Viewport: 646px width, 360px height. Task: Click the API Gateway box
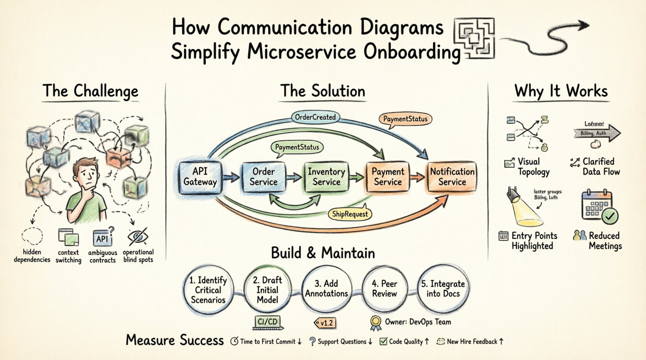pos(200,177)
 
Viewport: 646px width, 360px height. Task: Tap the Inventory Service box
pos(326,177)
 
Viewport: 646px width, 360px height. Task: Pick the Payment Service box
pos(387,177)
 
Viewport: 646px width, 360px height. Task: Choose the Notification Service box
pos(452,177)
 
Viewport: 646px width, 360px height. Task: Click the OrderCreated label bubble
pos(315,117)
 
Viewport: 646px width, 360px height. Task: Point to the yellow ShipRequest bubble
pos(350,214)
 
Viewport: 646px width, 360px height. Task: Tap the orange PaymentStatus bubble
pos(405,119)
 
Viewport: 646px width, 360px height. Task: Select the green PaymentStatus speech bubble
pos(297,147)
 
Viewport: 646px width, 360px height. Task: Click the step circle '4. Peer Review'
pos(384,289)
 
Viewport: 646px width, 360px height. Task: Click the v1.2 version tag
pos(325,323)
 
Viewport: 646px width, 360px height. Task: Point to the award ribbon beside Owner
pos(375,323)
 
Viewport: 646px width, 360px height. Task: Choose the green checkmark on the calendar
pos(610,216)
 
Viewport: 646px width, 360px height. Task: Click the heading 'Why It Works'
pos(561,92)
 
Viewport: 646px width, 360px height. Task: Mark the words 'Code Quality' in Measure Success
pos(406,342)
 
